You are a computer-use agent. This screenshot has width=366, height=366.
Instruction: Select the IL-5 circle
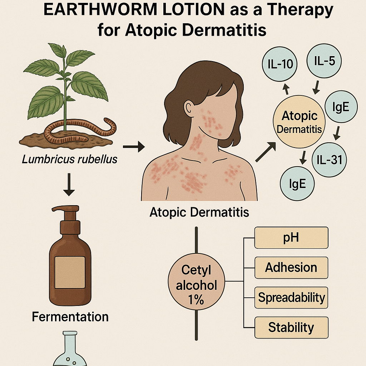(x=324, y=61)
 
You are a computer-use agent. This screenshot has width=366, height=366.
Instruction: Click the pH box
(x=291, y=237)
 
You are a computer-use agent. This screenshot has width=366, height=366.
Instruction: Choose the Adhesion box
(x=291, y=267)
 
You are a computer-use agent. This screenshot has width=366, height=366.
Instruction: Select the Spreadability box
(x=291, y=297)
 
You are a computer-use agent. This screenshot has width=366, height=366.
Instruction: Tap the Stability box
(x=291, y=327)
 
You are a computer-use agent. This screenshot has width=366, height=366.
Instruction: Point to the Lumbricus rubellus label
(x=70, y=159)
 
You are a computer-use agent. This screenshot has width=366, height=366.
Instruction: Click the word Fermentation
(x=70, y=317)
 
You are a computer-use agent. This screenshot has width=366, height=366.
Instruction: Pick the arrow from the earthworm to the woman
(x=133, y=146)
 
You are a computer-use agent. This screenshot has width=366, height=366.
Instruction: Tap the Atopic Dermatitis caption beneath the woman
(x=199, y=212)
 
